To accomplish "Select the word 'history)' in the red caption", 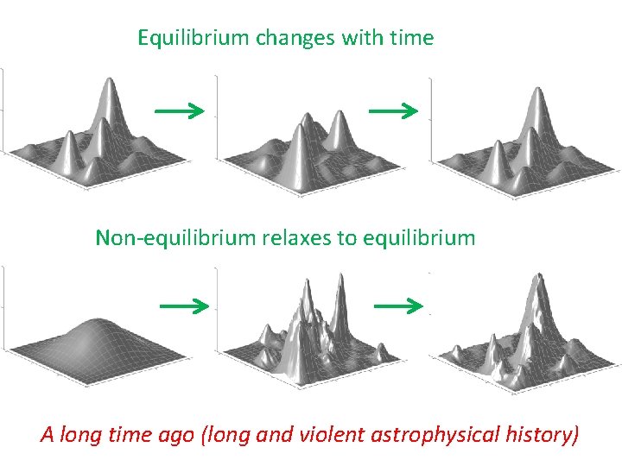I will click(541, 434).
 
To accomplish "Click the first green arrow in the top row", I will click(179, 110).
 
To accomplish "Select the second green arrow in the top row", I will click(393, 110).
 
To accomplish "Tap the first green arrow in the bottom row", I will click(184, 305).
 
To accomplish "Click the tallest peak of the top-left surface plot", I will click(110, 83).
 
